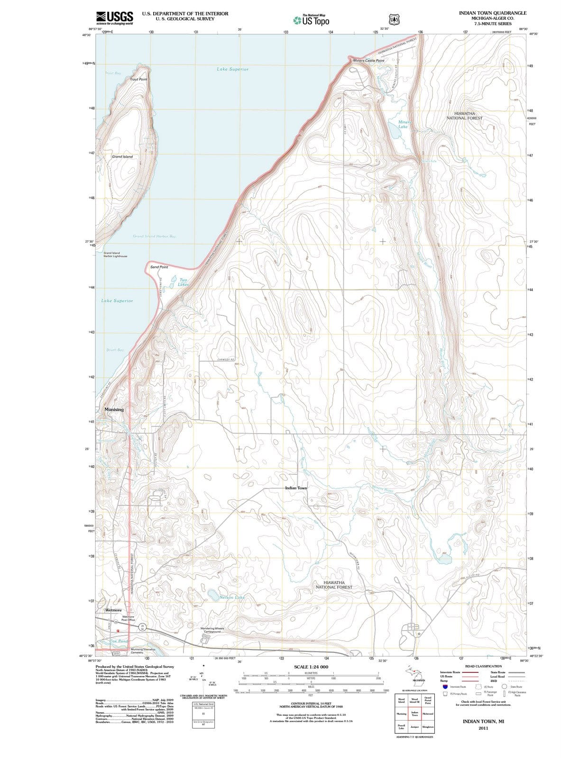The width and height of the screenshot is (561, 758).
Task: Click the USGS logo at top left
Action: point(114,18)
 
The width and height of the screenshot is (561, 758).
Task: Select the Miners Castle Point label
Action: point(368,61)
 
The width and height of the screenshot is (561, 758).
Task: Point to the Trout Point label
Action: point(138,79)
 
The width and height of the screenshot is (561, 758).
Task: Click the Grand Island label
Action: point(122,156)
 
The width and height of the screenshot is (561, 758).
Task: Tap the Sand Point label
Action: point(159,267)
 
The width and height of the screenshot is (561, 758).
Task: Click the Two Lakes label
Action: point(183,282)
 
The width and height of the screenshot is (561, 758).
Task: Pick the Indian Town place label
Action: point(296,487)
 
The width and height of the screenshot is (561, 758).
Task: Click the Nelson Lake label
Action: point(232,597)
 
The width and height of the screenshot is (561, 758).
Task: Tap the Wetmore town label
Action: point(113,610)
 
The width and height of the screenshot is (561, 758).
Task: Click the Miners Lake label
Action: point(403,124)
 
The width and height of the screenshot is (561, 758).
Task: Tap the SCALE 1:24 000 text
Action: point(311,667)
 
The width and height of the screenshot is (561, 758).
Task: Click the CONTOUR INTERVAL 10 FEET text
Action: point(311,703)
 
